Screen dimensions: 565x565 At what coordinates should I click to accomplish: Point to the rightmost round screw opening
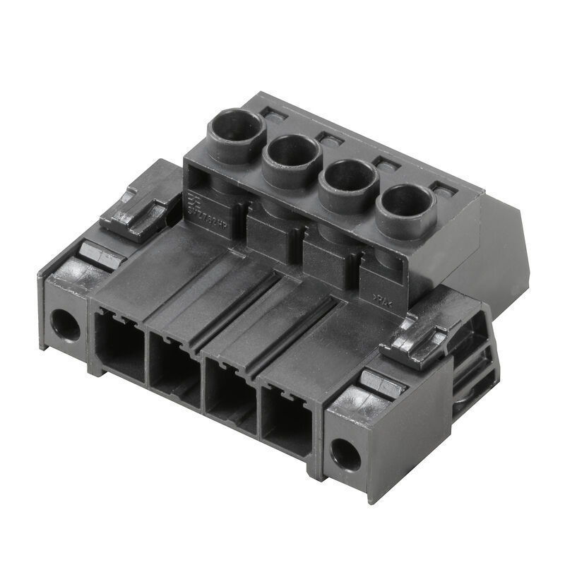click(x=405, y=203)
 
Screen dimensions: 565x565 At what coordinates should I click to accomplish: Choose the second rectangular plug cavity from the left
click(x=174, y=371)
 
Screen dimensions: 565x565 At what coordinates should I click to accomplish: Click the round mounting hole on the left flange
click(x=65, y=324)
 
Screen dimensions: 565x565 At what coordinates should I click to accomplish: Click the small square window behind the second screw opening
click(x=329, y=137)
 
